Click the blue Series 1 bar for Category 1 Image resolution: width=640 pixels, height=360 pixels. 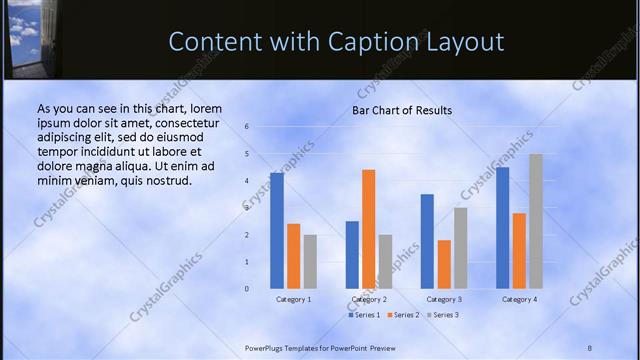[277, 231]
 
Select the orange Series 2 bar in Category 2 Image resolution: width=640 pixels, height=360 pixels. [368, 229]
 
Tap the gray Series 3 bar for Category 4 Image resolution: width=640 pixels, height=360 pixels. [536, 221]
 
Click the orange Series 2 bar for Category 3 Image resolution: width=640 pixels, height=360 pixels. [444, 264]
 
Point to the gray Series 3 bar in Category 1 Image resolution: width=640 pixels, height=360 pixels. [310, 262]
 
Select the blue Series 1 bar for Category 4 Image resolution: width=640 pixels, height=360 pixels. [502, 228]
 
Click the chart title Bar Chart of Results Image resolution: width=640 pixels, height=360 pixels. [401, 110]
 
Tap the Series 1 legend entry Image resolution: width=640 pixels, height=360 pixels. [364, 315]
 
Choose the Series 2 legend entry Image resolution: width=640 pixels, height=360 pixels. [402, 315]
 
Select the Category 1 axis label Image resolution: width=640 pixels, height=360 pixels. [293, 299]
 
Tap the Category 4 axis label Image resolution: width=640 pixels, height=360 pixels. [519, 299]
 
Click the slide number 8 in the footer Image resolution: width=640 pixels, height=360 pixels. [590, 347]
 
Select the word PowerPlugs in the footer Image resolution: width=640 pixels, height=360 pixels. [267, 347]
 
